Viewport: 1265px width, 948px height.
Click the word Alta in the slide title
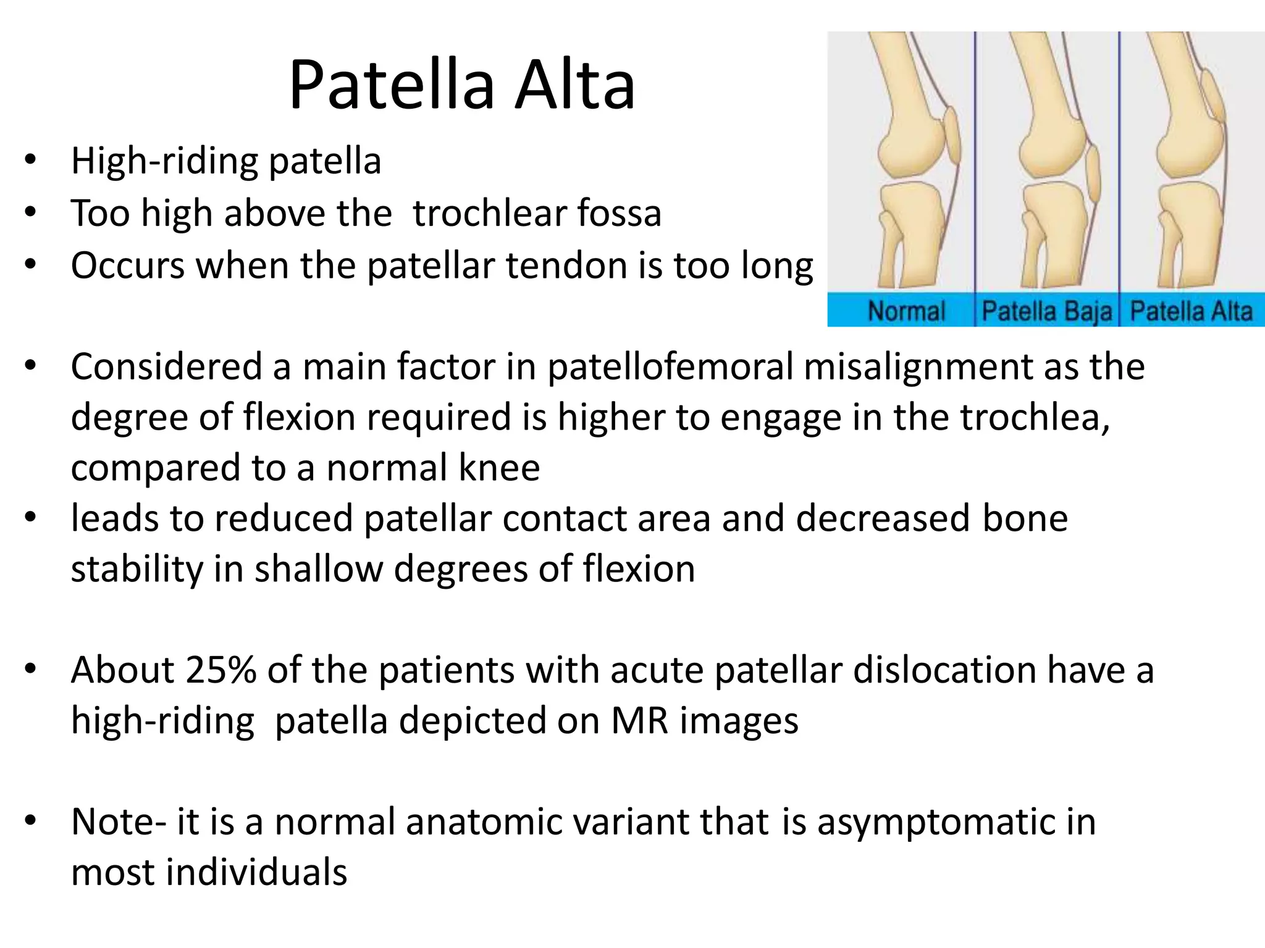[574, 85]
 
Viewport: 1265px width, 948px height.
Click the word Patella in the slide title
[392, 85]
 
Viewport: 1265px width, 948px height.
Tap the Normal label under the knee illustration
[906, 311]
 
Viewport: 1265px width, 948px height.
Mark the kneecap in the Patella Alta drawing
[1212, 96]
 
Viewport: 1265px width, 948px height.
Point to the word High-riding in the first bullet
[164, 162]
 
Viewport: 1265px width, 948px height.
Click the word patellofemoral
[670, 367]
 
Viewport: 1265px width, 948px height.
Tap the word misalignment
[918, 367]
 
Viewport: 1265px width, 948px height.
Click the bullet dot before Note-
[30, 821]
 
